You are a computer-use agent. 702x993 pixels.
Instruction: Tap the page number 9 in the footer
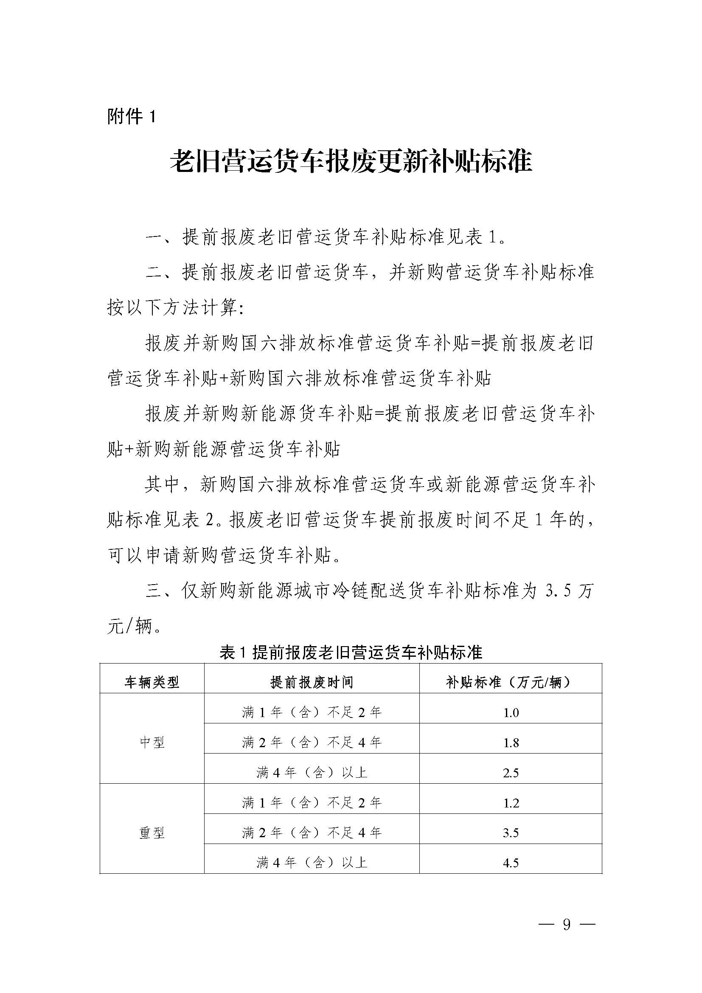(567, 924)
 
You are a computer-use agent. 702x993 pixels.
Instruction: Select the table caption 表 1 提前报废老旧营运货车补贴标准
(351, 652)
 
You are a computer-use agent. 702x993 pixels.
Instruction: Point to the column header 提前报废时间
(312, 683)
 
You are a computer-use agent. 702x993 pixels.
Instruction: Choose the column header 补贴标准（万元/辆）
(511, 683)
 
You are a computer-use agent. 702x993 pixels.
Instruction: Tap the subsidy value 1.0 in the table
(511, 713)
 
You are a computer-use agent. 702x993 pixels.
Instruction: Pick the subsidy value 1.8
(511, 743)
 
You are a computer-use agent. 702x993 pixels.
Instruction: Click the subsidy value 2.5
(511, 773)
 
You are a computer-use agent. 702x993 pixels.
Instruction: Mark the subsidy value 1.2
(511, 803)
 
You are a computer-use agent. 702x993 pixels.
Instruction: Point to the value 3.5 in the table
(511, 833)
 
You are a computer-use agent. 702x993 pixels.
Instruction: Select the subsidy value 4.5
(511, 863)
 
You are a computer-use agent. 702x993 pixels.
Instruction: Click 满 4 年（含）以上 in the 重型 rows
(312, 863)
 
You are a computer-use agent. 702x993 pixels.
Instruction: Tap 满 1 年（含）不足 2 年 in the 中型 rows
(312, 713)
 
